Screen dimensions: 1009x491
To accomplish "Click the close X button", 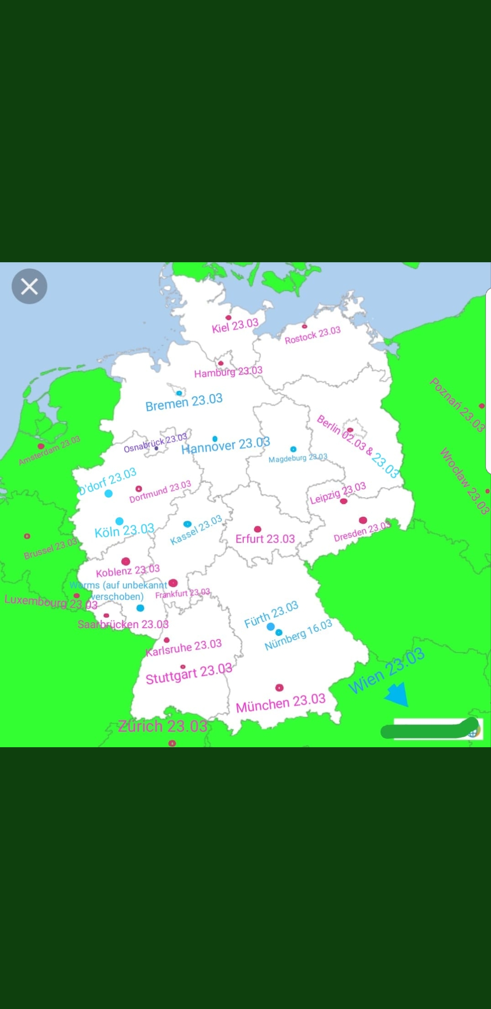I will (x=30, y=286).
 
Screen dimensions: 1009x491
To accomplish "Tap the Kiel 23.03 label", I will (x=235, y=326).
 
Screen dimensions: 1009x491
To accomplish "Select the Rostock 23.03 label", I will (x=313, y=335).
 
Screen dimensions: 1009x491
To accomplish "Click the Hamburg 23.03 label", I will (x=228, y=372).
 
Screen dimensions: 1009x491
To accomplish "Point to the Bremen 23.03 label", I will (x=184, y=402).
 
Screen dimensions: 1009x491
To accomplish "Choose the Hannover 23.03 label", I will (x=226, y=445).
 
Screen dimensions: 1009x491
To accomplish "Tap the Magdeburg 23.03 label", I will (x=298, y=458).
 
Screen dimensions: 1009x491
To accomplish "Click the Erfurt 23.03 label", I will (x=265, y=539).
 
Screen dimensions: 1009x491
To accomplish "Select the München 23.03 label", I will (x=281, y=703).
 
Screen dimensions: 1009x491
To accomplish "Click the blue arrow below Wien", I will (x=397, y=694).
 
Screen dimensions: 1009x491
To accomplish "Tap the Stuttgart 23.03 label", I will (x=189, y=674).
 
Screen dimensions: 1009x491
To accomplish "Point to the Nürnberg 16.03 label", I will (x=298, y=635).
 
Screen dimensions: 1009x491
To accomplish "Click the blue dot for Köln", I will (x=120, y=521).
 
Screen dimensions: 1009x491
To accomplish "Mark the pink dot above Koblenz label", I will (x=126, y=561).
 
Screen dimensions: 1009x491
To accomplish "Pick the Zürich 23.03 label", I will (x=163, y=726).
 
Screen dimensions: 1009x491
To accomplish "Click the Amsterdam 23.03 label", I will (x=50, y=450).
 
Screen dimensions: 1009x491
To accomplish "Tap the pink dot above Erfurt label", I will (x=258, y=529).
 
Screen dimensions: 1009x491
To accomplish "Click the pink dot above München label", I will (x=280, y=688).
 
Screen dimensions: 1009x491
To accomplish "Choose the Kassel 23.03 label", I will (x=196, y=530).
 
